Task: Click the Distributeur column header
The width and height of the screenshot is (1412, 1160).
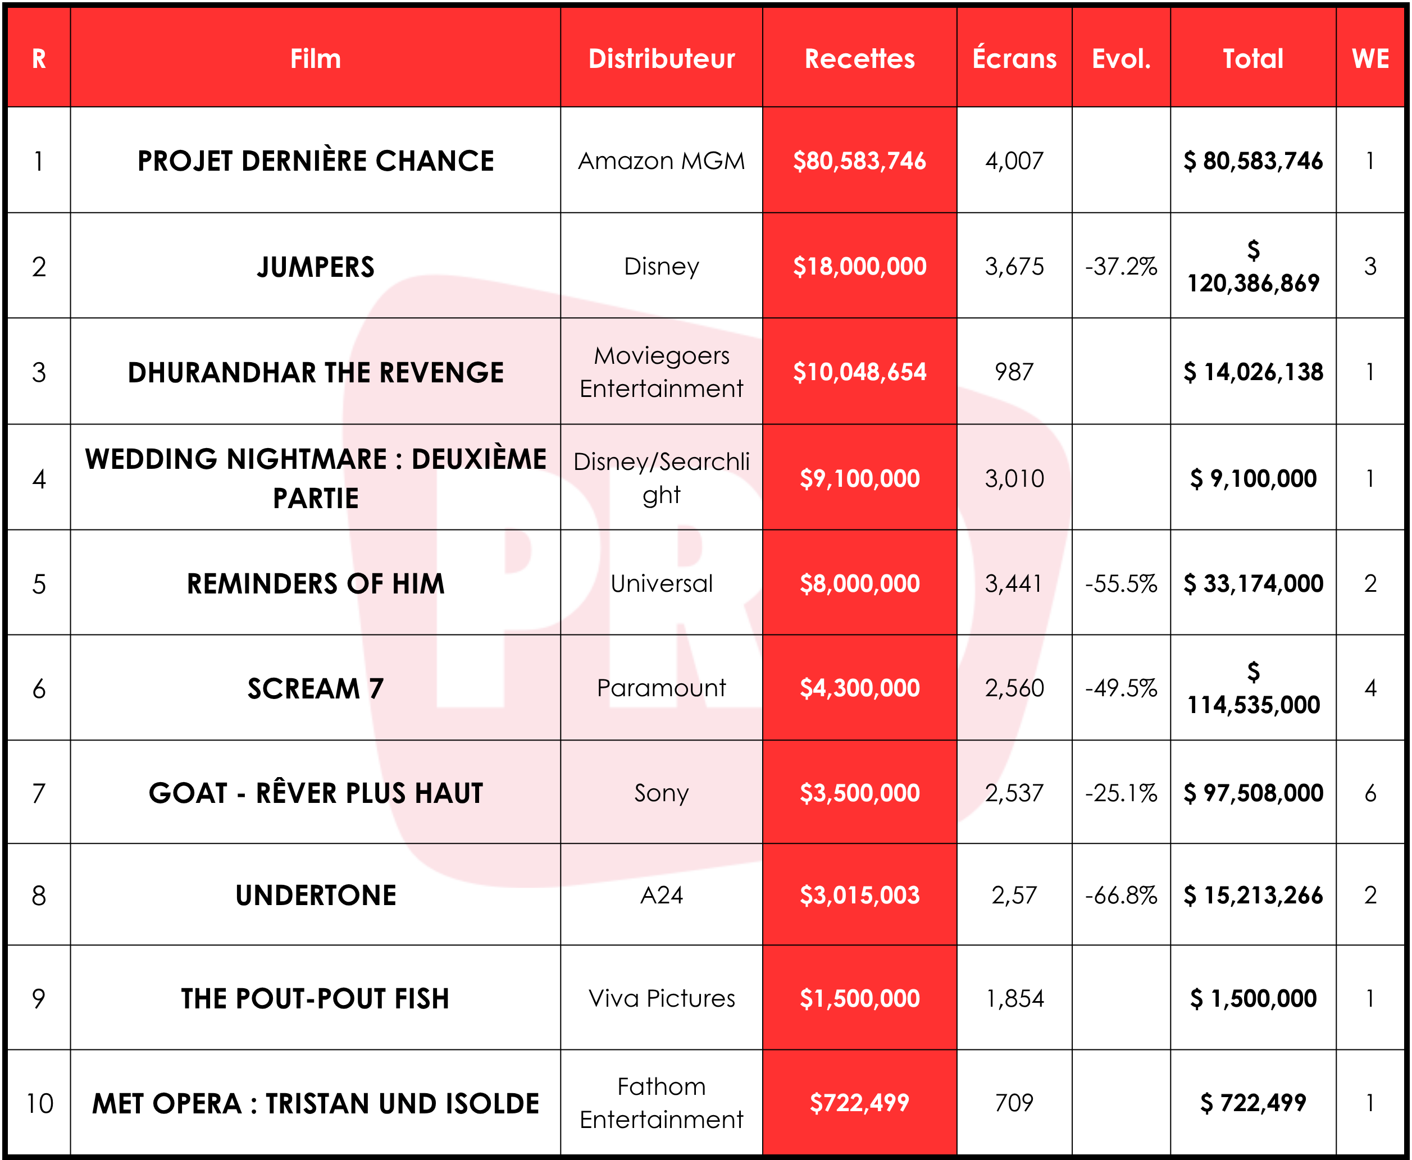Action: click(x=661, y=59)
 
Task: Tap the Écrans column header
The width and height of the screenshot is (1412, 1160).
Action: click(x=1014, y=59)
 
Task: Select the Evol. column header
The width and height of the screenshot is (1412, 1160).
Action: click(x=1121, y=59)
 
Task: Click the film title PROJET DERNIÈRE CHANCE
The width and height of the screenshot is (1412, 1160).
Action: click(x=316, y=161)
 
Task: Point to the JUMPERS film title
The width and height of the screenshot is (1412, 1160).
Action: click(x=316, y=267)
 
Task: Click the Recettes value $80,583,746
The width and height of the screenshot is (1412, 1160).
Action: click(x=859, y=161)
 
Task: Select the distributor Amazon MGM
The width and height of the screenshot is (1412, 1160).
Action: click(x=661, y=161)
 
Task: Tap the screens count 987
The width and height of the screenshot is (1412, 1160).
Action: click(x=1014, y=372)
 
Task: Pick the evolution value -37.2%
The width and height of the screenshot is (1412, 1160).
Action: click(x=1121, y=267)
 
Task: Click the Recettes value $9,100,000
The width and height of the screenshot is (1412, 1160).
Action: click(x=859, y=478)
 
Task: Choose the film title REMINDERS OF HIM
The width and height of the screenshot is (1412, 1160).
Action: click(x=316, y=583)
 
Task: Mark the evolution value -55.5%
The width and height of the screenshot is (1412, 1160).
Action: click(x=1121, y=583)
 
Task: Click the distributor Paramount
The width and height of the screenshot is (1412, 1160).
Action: click(x=661, y=688)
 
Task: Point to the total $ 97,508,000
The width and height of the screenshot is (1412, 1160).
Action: click(x=1253, y=793)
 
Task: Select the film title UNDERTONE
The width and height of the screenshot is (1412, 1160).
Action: click(x=316, y=896)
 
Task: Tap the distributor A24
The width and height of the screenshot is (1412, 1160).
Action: click(x=661, y=896)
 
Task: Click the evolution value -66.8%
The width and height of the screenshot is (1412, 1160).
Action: click(x=1121, y=896)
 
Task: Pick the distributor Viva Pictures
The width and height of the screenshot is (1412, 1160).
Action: click(x=661, y=998)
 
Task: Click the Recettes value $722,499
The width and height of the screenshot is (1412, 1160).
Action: click(x=859, y=1103)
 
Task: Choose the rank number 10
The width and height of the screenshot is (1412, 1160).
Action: click(x=39, y=1103)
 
